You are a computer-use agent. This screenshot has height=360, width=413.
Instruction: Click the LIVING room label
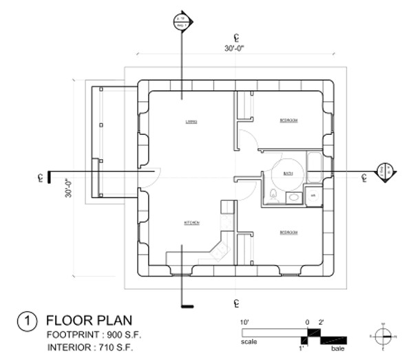(x=191, y=121)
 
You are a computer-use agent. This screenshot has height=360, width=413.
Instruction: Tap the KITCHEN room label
(x=191, y=223)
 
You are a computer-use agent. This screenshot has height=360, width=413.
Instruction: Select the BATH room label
(x=288, y=173)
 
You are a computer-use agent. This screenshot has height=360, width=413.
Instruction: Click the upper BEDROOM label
(x=288, y=120)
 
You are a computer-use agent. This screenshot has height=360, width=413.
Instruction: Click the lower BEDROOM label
(x=288, y=233)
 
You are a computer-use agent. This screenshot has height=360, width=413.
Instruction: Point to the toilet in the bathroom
(x=273, y=195)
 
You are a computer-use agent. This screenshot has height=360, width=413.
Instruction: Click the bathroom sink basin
(x=293, y=198)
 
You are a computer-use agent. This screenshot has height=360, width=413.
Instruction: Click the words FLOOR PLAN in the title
(x=89, y=321)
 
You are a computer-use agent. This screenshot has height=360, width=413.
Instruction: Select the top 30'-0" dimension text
(x=236, y=48)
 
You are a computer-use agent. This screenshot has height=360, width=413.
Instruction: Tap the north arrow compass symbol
(x=383, y=336)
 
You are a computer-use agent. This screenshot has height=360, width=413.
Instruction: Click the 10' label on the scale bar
(x=244, y=321)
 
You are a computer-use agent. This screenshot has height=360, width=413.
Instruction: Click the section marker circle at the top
(x=182, y=21)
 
